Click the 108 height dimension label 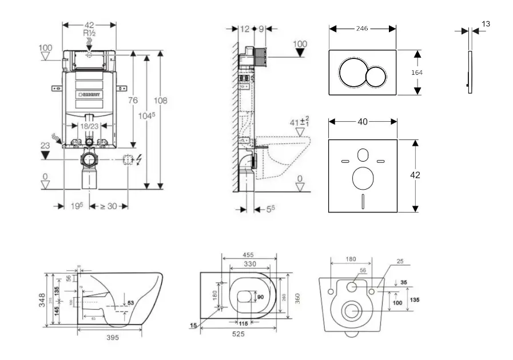(x=161, y=101)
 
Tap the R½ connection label (x=89, y=33)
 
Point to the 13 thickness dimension (x=486, y=24)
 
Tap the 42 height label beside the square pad (x=415, y=175)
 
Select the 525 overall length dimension (x=239, y=334)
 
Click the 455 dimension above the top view (x=249, y=255)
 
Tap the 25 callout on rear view (x=400, y=261)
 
